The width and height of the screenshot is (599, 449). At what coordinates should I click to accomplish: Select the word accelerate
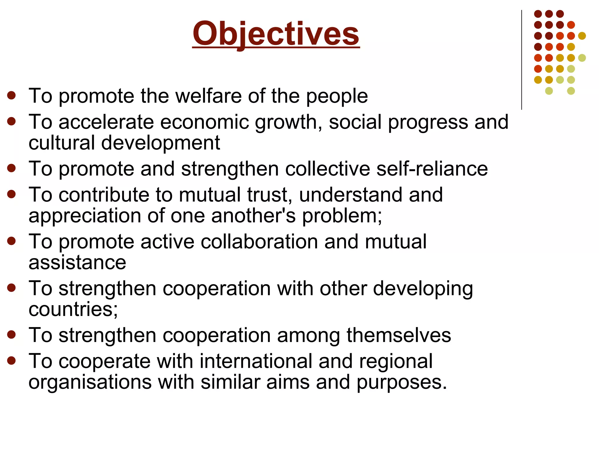click(106, 122)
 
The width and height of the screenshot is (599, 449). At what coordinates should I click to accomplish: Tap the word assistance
click(77, 262)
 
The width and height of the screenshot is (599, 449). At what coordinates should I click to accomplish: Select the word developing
click(423, 289)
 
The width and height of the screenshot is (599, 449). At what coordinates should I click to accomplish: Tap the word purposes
click(402, 382)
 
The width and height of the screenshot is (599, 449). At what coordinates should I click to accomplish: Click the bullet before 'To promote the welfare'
click(11, 96)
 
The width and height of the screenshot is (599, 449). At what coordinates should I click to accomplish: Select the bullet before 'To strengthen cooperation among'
click(11, 335)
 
